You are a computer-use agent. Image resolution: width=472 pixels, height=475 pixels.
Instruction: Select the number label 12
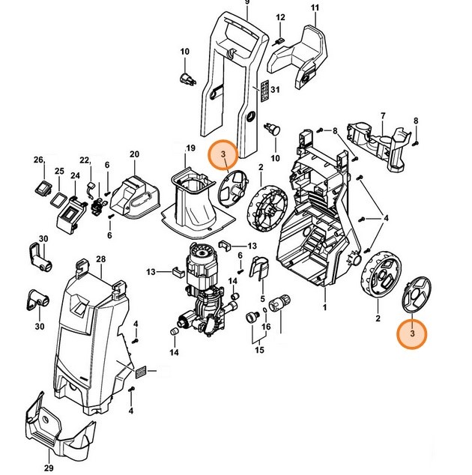(280, 17)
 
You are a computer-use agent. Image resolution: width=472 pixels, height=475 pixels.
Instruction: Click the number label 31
(275, 91)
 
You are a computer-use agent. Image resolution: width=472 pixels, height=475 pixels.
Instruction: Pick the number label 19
(190, 148)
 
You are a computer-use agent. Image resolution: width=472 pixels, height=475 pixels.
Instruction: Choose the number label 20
(135, 155)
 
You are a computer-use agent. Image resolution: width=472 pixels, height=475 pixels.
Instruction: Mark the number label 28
(100, 259)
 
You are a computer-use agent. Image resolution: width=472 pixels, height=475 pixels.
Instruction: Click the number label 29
(49, 468)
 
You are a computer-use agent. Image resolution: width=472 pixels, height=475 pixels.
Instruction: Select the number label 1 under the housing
(324, 307)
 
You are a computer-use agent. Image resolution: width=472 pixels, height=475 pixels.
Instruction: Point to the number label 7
(383, 115)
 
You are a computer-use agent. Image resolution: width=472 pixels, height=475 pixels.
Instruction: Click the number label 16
(265, 328)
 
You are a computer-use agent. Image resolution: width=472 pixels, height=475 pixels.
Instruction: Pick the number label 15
(260, 349)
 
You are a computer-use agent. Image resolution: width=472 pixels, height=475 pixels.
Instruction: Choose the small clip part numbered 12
(278, 40)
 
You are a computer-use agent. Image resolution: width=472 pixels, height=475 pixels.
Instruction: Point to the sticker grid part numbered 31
(262, 92)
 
